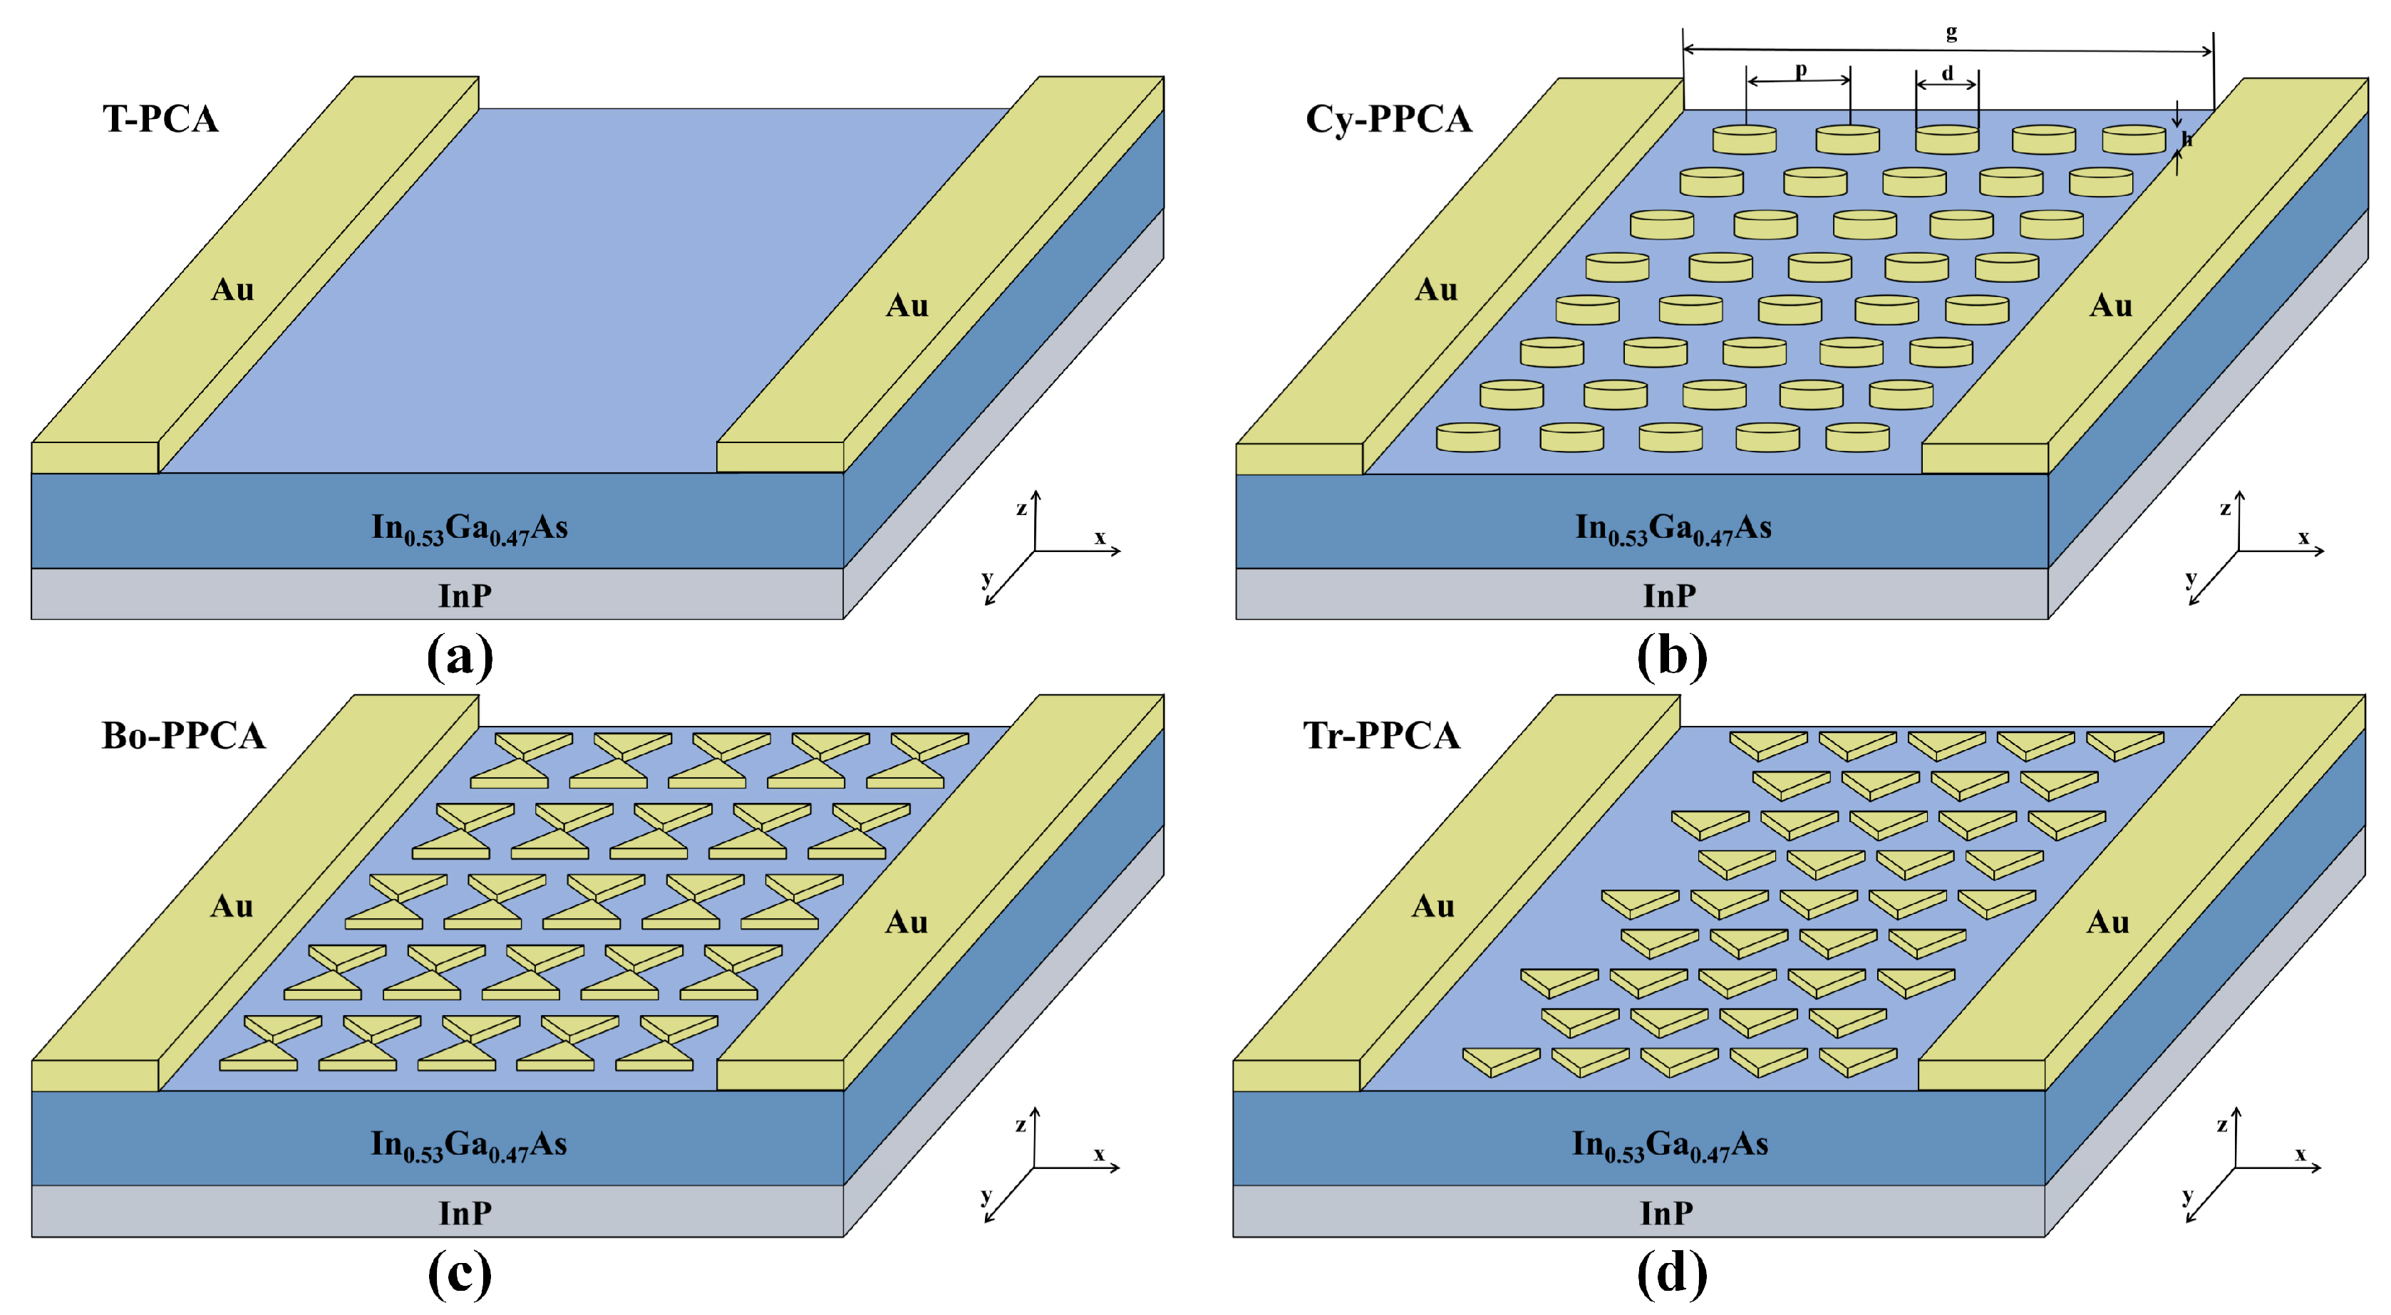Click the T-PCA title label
[160, 119]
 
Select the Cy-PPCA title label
[1388, 119]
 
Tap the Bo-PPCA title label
[183, 735]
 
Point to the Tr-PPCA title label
[1380, 735]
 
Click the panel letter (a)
[460, 656]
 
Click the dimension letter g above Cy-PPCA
[1951, 33]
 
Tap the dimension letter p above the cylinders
[1801, 70]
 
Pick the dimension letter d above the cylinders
[1947, 73]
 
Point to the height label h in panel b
[2186, 139]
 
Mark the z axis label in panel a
[1021, 509]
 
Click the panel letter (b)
[1670, 656]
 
